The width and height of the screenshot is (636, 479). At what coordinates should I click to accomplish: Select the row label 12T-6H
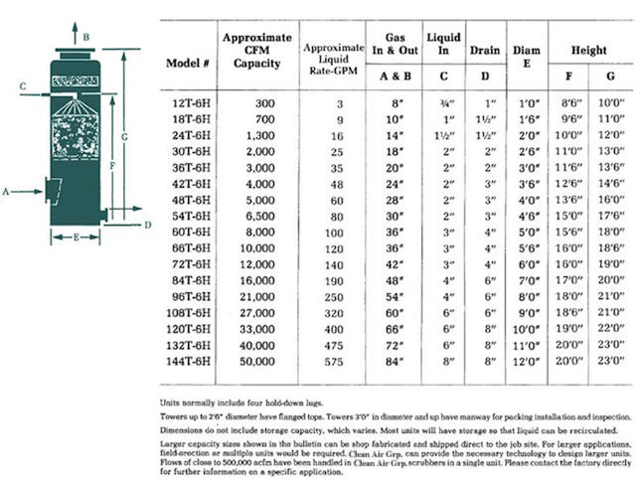point(189,102)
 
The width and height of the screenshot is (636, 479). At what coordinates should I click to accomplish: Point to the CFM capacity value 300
point(263,102)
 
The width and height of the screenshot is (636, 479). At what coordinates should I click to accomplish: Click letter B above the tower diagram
point(87,36)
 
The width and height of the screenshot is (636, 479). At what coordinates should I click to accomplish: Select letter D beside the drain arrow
point(147,226)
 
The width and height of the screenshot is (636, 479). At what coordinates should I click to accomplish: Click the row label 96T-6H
point(189,296)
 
